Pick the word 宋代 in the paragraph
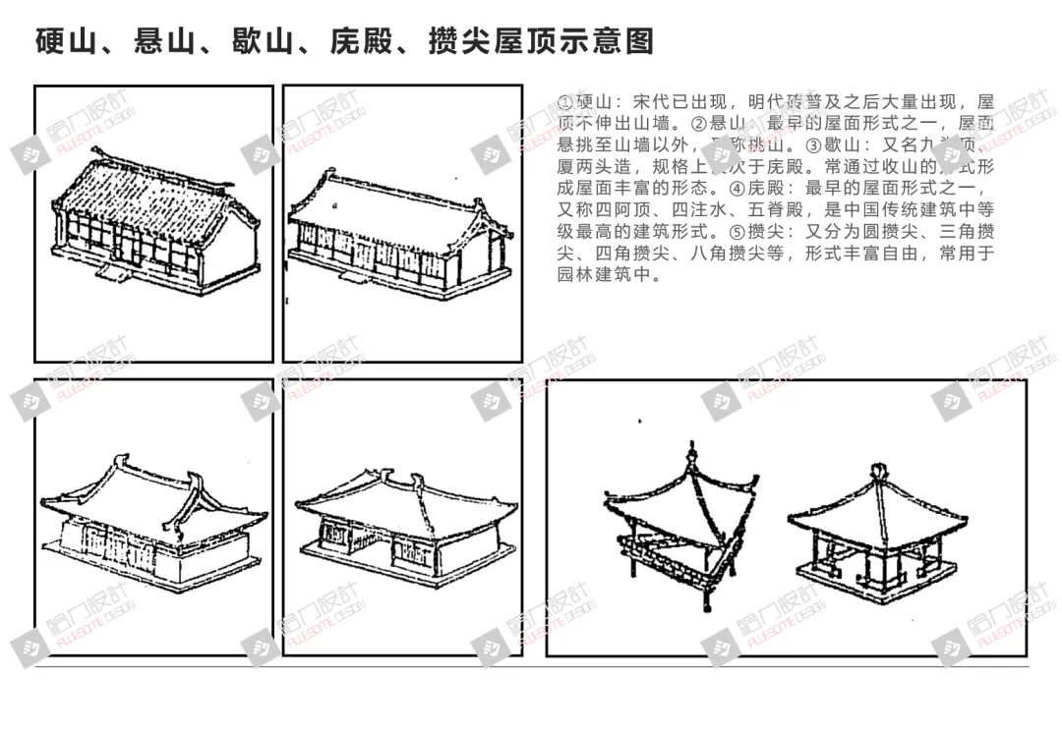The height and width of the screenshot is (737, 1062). pyautogui.click(x=650, y=103)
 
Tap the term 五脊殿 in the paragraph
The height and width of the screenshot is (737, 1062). pyautogui.click(x=774, y=211)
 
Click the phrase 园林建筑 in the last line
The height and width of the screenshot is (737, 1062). pyautogui.click(x=595, y=276)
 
